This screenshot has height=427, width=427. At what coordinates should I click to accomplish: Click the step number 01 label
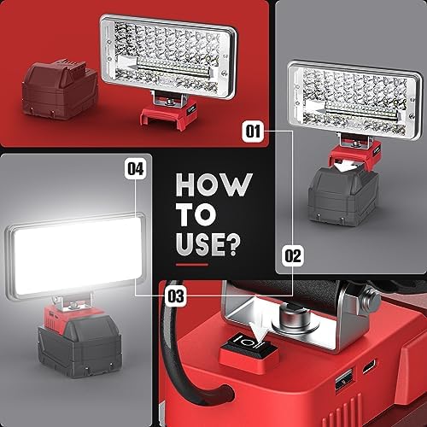252,132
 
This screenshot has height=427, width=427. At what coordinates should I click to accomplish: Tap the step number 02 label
292,254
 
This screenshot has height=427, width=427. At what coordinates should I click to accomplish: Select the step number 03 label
175,296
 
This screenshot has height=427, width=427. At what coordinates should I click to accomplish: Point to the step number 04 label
134,169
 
